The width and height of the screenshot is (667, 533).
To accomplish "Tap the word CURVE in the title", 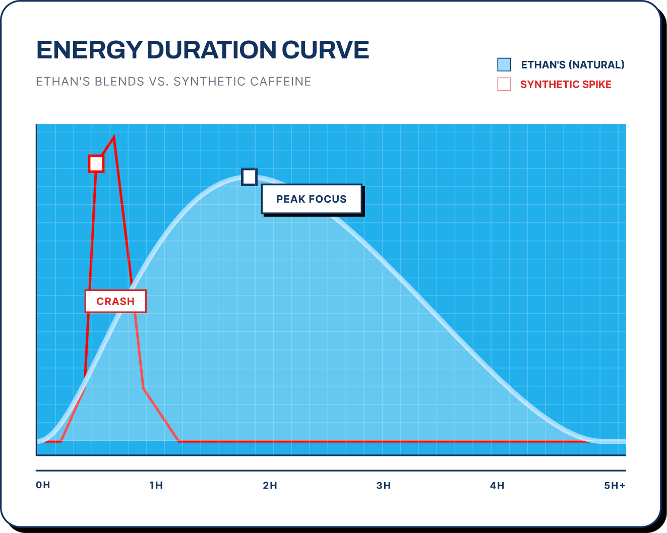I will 325,50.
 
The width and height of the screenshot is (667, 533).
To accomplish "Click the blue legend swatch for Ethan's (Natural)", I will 504,65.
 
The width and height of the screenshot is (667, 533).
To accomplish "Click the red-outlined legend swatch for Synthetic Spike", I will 504,84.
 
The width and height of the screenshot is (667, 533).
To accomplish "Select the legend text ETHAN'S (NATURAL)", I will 573,65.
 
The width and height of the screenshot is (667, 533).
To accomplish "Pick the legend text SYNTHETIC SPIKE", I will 566,84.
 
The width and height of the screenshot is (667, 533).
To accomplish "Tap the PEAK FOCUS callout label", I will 312,199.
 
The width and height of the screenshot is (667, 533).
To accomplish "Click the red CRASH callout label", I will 115,302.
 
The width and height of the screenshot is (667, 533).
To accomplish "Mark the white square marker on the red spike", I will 96,164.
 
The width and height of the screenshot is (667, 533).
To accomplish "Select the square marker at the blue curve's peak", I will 249,177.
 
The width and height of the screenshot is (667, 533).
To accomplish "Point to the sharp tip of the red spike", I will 114,137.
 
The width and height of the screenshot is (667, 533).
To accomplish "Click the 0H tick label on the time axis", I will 43,485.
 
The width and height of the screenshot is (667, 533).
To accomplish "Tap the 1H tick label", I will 156,486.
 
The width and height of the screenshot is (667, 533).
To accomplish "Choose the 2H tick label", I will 270,486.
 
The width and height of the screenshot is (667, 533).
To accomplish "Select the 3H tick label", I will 383,486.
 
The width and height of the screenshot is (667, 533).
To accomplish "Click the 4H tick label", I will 497,486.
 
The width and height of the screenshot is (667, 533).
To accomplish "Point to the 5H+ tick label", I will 615,486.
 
